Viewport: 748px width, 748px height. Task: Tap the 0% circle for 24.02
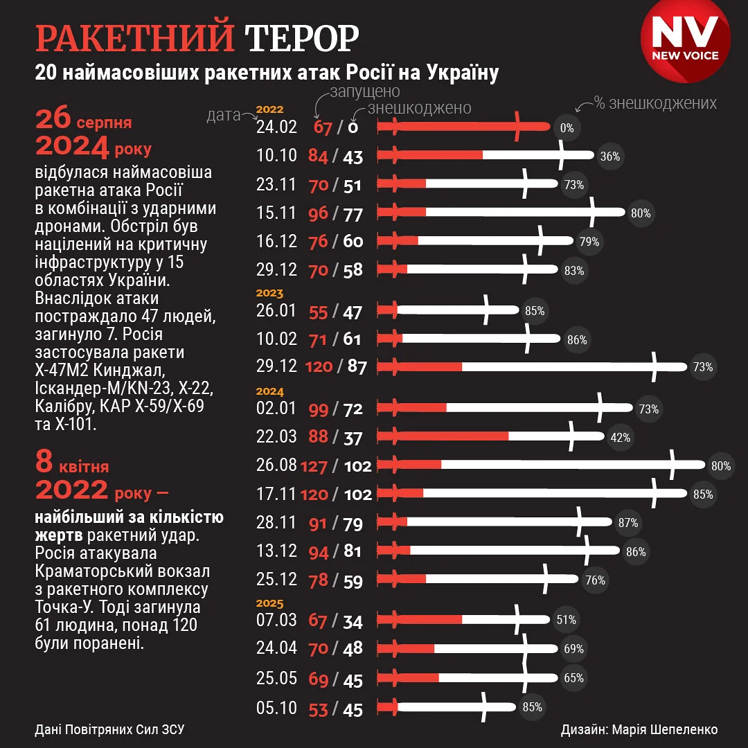567,127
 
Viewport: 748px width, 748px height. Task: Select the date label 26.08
276,465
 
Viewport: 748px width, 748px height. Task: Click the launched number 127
313,466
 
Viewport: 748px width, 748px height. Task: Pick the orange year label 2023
270,294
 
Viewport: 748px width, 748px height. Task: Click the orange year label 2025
270,603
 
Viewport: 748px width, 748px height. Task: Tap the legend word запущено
364,92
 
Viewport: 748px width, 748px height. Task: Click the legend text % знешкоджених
654,103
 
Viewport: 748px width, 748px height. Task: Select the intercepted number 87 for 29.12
357,367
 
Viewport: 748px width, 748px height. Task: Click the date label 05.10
276,708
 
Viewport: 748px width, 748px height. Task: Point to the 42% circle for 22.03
620,437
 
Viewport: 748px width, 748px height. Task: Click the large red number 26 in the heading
54,120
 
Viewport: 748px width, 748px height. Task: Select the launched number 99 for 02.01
319,409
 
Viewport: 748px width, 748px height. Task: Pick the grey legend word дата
223,115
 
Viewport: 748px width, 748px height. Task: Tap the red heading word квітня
84,467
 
